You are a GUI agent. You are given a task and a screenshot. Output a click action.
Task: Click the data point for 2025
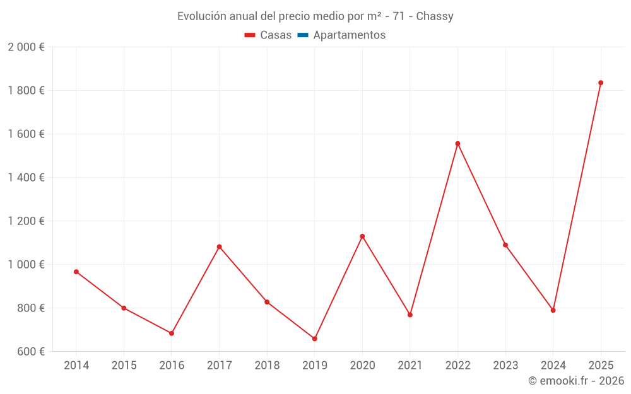click(601, 83)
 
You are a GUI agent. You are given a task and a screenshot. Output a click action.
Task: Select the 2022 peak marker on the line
click(457, 144)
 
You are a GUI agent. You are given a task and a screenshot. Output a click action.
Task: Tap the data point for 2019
click(314, 339)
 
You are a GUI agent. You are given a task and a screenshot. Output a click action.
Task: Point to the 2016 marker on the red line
click(172, 333)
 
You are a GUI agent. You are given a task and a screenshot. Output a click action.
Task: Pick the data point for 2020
click(362, 236)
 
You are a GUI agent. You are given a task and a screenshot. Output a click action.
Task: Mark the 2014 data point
click(76, 272)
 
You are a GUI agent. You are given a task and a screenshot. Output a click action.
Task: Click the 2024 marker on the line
click(553, 310)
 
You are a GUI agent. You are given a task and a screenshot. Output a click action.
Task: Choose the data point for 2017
click(219, 246)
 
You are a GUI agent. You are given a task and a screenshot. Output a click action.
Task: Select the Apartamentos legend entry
click(349, 35)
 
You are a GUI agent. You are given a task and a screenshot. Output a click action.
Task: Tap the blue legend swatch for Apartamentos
click(302, 35)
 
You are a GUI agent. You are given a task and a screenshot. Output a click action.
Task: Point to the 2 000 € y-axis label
click(26, 47)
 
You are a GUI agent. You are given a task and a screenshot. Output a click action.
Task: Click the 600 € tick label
click(30, 352)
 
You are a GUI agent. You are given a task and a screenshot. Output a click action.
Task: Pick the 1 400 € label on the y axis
click(26, 178)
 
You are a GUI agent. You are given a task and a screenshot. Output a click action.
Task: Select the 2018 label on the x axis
click(267, 366)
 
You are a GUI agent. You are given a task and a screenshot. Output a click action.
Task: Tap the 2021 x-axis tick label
click(410, 366)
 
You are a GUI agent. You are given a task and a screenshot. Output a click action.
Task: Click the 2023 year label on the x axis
click(505, 366)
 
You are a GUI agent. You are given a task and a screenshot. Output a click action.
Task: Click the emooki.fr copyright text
click(576, 381)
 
